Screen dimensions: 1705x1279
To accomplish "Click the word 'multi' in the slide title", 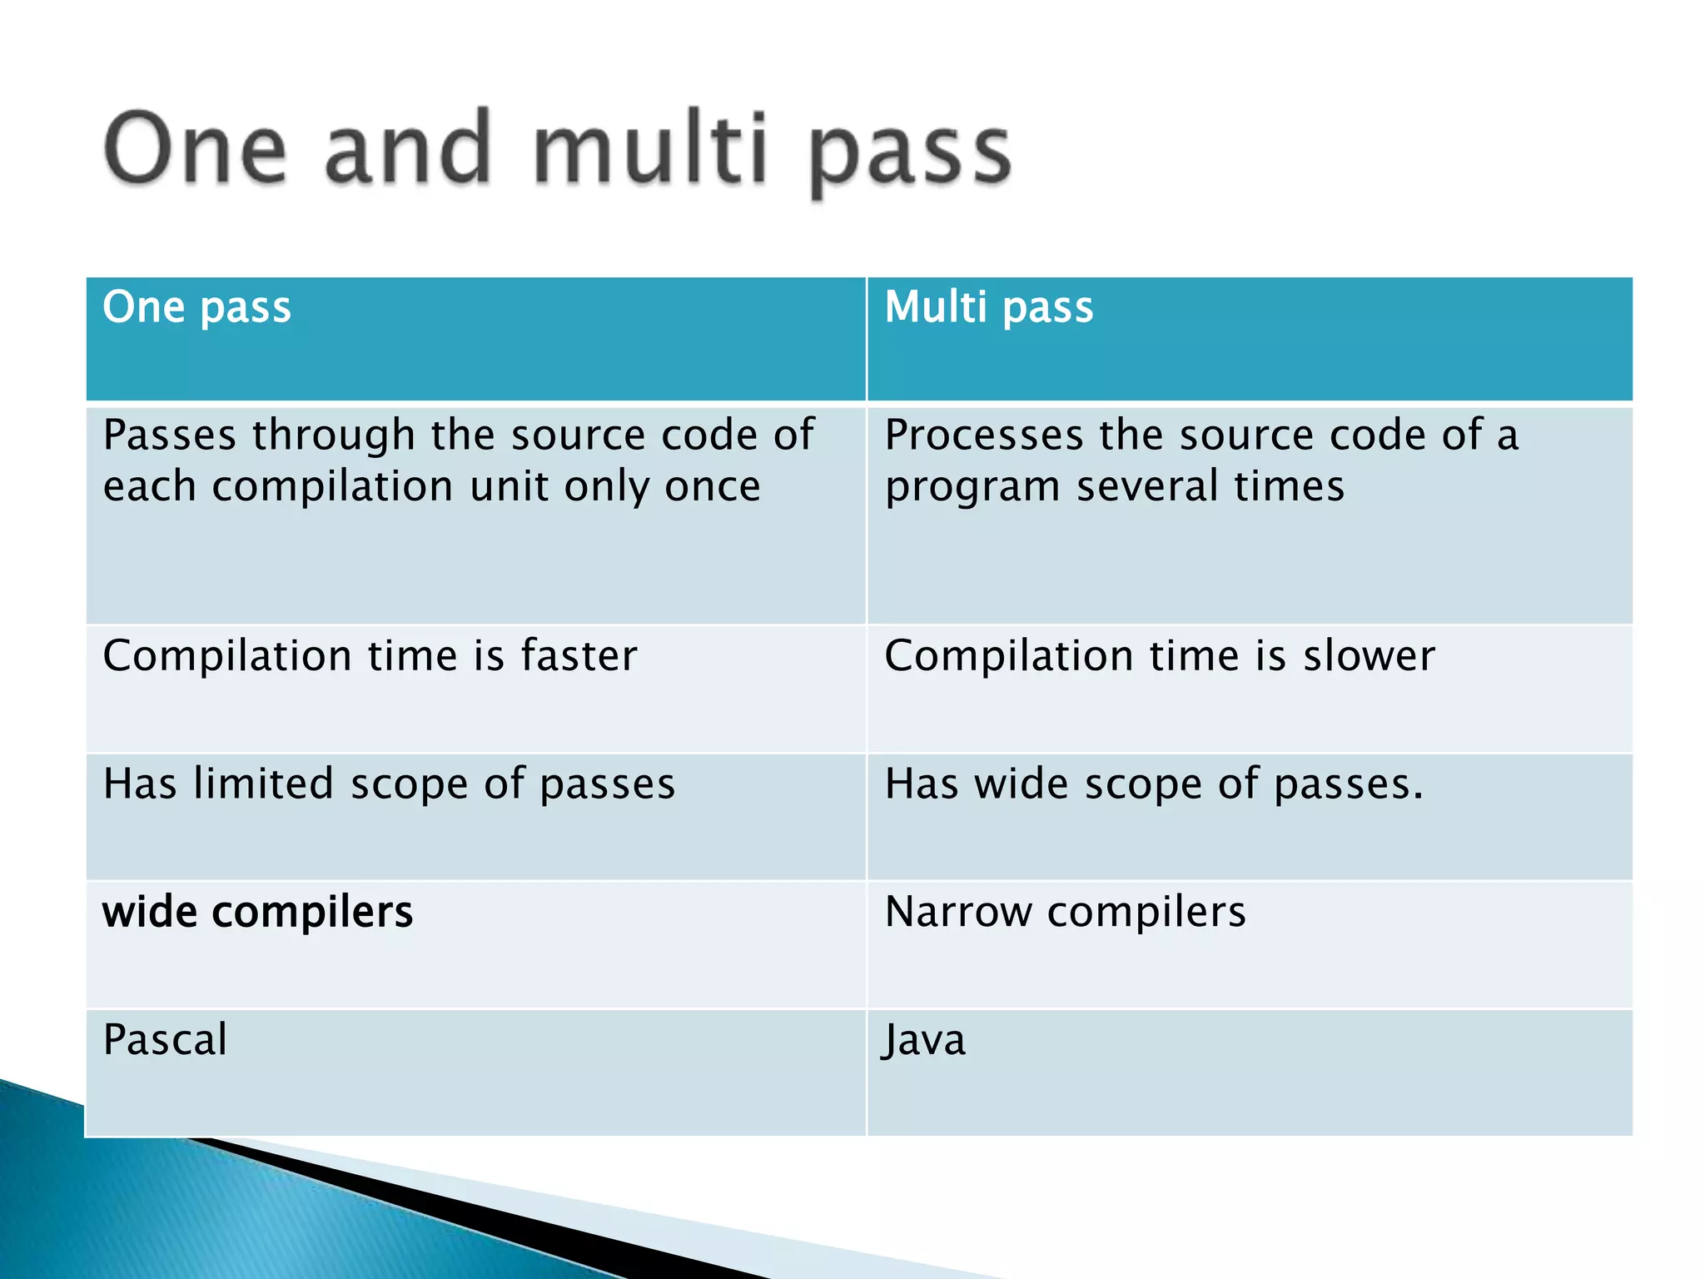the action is click(x=650, y=151).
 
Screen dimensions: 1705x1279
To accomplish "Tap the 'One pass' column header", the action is click(x=196, y=307).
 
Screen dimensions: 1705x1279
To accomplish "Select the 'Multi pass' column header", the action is click(x=988, y=307).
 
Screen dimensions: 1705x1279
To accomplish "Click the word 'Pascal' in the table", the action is click(x=165, y=1040).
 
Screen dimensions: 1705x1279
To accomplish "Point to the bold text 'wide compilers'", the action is click(x=257, y=912).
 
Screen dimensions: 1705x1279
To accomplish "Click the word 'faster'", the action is click(x=579, y=655).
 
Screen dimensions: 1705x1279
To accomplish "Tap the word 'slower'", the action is click(x=1369, y=655).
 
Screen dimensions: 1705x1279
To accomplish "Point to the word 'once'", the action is click(x=713, y=486).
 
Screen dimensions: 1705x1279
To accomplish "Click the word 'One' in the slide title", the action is click(x=196, y=151).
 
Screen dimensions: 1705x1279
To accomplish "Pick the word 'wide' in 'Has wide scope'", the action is click(x=1022, y=784).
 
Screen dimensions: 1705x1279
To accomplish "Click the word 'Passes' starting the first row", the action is click(x=170, y=435).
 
